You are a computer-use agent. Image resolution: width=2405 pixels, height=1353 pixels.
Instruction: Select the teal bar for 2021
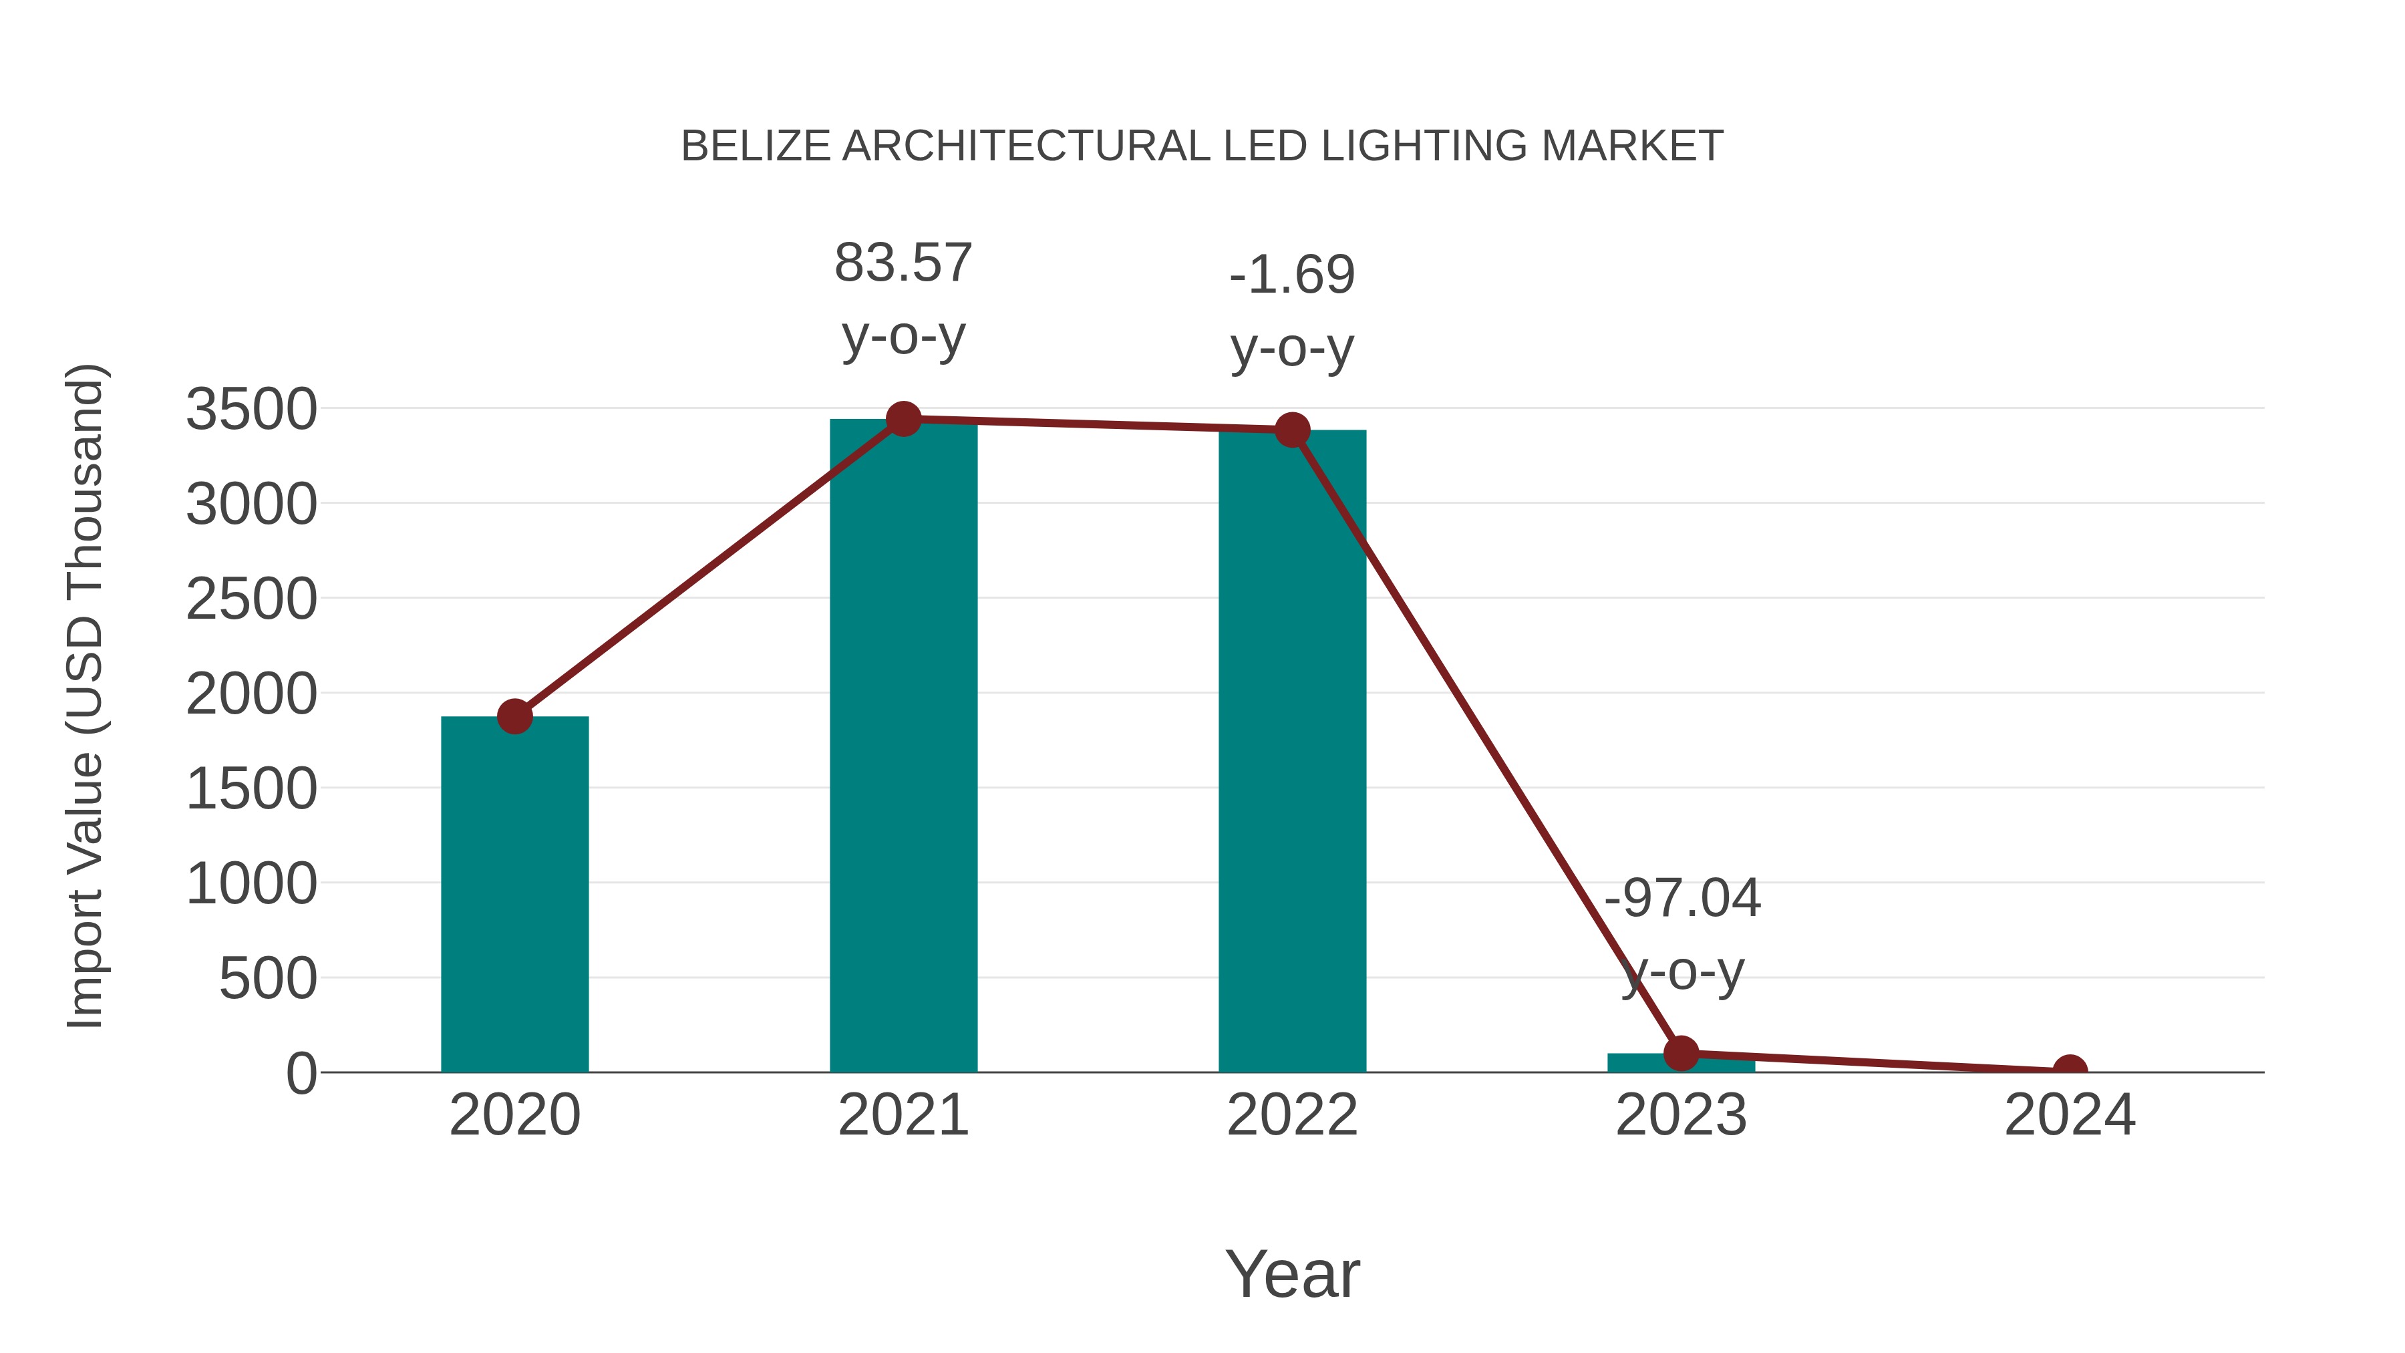(903, 747)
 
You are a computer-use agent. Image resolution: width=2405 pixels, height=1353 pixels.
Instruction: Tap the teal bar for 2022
(1291, 752)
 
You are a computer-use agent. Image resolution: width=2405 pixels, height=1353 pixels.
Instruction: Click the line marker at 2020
(514, 716)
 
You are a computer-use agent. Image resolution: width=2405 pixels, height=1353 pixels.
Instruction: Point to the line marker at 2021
(903, 419)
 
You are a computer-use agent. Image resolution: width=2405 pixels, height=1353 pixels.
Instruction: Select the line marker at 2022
(1291, 430)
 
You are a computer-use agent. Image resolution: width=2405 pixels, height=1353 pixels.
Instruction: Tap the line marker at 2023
(1681, 1053)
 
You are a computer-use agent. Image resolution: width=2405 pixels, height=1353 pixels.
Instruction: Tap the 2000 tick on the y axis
(251, 695)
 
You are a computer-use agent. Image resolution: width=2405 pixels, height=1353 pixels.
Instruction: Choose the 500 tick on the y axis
(268, 980)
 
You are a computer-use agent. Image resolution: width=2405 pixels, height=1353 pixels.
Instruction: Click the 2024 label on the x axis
(2069, 1116)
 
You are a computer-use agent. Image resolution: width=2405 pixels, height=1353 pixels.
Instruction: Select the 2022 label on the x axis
(1291, 1116)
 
